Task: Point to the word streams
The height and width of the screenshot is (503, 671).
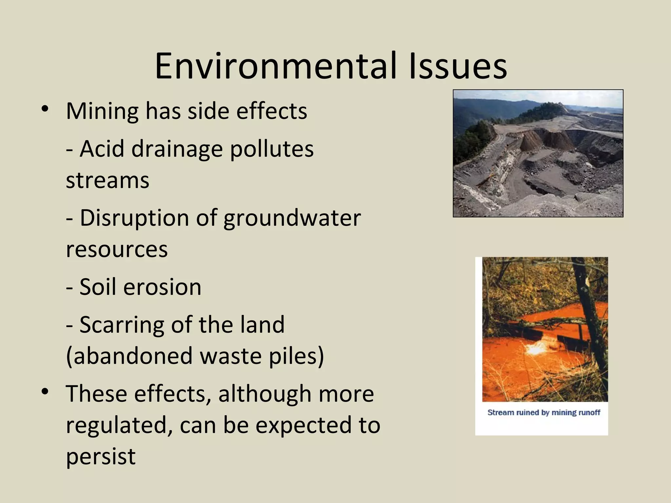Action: [x=107, y=180]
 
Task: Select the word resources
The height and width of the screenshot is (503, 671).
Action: [x=117, y=250]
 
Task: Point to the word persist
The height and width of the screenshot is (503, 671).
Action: [x=101, y=456]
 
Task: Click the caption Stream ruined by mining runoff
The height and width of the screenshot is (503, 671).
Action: [x=544, y=413]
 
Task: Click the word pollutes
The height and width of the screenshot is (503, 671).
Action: [x=272, y=149]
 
